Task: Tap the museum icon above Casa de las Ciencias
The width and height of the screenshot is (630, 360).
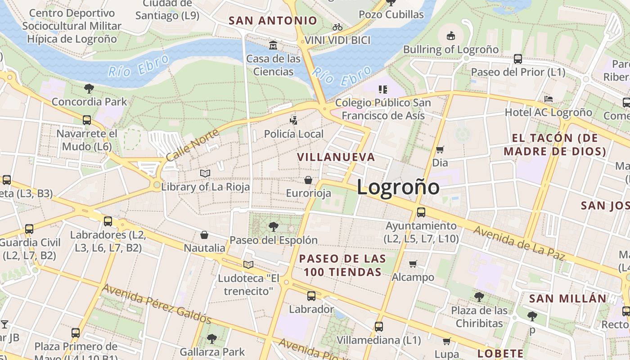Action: click(x=273, y=45)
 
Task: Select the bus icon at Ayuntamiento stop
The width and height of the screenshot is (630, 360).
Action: click(x=421, y=212)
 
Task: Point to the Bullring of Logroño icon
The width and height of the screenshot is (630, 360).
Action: click(x=450, y=36)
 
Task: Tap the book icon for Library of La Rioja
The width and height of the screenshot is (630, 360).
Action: click(x=205, y=173)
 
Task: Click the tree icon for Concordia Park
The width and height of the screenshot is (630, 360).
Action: click(x=89, y=88)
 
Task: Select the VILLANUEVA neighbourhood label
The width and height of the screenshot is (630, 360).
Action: click(x=336, y=157)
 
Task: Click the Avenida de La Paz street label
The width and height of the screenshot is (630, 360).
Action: click(x=519, y=243)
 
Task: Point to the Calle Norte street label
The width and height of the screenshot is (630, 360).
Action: click(x=192, y=145)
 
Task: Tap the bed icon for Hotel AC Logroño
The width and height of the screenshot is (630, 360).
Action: click(x=548, y=99)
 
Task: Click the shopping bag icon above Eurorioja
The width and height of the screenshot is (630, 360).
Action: click(x=308, y=180)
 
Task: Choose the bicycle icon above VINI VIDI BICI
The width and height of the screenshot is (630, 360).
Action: click(x=337, y=27)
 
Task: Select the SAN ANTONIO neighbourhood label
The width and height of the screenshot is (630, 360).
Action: click(x=273, y=21)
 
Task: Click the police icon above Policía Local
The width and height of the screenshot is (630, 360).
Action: click(x=294, y=120)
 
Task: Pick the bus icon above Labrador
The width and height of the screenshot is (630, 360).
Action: click(x=311, y=296)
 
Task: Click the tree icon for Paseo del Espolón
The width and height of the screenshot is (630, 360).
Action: click(x=273, y=226)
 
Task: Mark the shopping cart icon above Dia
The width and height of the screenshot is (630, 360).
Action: click(x=440, y=149)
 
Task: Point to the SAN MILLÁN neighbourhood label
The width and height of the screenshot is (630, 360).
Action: click(x=567, y=298)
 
